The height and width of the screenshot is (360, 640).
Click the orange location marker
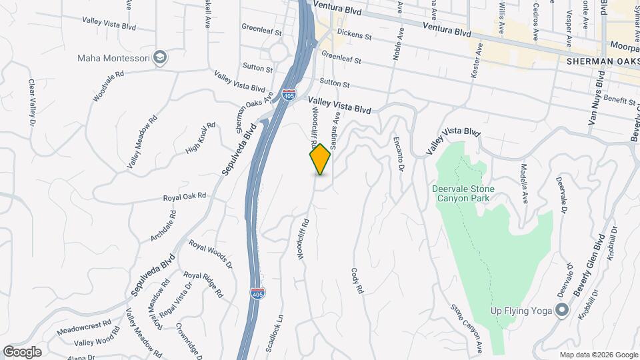[320, 159]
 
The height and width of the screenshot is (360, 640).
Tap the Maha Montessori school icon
[160, 57]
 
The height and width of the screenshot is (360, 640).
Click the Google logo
[22, 352]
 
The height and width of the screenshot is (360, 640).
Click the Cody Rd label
[357, 281]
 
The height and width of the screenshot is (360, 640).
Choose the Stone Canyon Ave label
[466, 329]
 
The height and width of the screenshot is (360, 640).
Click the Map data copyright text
[598, 355]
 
